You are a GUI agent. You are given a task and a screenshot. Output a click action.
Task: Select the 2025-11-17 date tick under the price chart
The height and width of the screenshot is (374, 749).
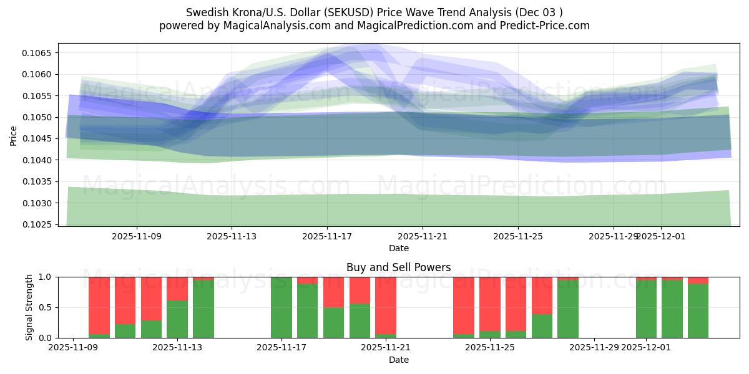click(327, 236)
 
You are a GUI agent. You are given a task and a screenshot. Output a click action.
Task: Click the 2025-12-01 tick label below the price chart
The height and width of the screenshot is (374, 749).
click(662, 236)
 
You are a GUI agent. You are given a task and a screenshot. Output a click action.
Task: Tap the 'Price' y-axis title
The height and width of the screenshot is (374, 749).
click(14, 135)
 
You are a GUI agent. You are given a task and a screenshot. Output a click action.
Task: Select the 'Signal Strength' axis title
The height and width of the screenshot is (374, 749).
click(29, 307)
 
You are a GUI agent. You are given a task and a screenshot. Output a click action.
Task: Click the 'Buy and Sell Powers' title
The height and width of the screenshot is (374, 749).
click(399, 267)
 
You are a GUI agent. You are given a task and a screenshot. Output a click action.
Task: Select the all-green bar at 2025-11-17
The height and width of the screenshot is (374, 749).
click(281, 307)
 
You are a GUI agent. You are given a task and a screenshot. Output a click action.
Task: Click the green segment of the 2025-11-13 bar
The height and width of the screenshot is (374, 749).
click(177, 319)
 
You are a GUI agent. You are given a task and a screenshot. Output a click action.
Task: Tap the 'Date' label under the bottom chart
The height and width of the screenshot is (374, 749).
click(399, 360)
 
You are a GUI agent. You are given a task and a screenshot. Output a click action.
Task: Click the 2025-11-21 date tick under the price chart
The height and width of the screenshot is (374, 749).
click(423, 236)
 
